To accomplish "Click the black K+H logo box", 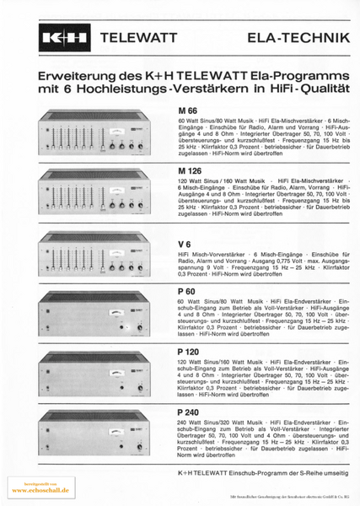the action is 62,39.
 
